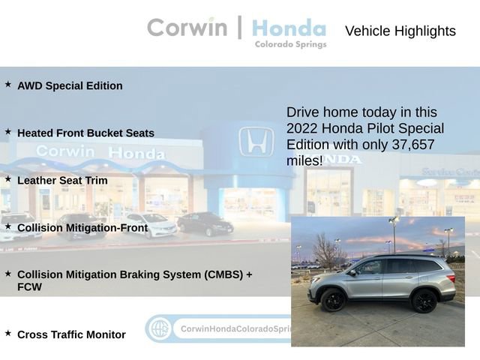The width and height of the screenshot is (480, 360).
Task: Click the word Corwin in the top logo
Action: (x=187, y=28)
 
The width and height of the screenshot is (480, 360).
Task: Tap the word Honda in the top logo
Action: (x=289, y=28)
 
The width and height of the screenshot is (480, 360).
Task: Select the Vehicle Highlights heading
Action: (x=400, y=31)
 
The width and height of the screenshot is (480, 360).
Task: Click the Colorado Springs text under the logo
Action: (x=290, y=44)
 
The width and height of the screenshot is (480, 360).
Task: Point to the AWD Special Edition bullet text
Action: (x=70, y=85)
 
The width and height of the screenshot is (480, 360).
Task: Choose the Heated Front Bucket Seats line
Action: (x=85, y=133)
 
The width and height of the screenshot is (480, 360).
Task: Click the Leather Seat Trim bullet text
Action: (x=62, y=180)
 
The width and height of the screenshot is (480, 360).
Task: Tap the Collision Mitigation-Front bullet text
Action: (x=82, y=227)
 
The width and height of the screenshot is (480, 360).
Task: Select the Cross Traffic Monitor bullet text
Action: (x=71, y=334)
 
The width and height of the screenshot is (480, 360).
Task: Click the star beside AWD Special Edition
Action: (x=8, y=84)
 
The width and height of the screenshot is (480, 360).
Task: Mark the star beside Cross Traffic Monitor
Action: (x=8, y=333)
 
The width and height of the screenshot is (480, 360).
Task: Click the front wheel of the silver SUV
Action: (x=333, y=301)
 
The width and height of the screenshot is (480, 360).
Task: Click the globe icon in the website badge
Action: (x=160, y=329)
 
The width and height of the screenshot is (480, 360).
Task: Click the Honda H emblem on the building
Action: (x=256, y=140)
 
